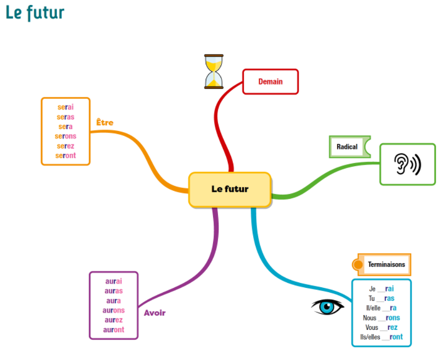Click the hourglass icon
pos(214,72)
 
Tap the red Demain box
pos(270,82)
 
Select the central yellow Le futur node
pos(230,189)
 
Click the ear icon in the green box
pos(407,164)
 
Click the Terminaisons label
pos(387,265)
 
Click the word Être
pos(105,122)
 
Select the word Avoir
pos(155,313)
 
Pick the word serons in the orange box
pos(66,136)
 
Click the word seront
pos(66,156)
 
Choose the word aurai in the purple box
pos(114,281)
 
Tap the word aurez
pos(114,320)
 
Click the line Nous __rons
pos(381,318)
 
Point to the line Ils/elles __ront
pos(381,337)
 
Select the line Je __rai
pos(381,289)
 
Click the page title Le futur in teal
pos(35,13)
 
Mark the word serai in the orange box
pos(66,107)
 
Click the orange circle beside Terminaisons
pos(358,265)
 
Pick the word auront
pos(114,330)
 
